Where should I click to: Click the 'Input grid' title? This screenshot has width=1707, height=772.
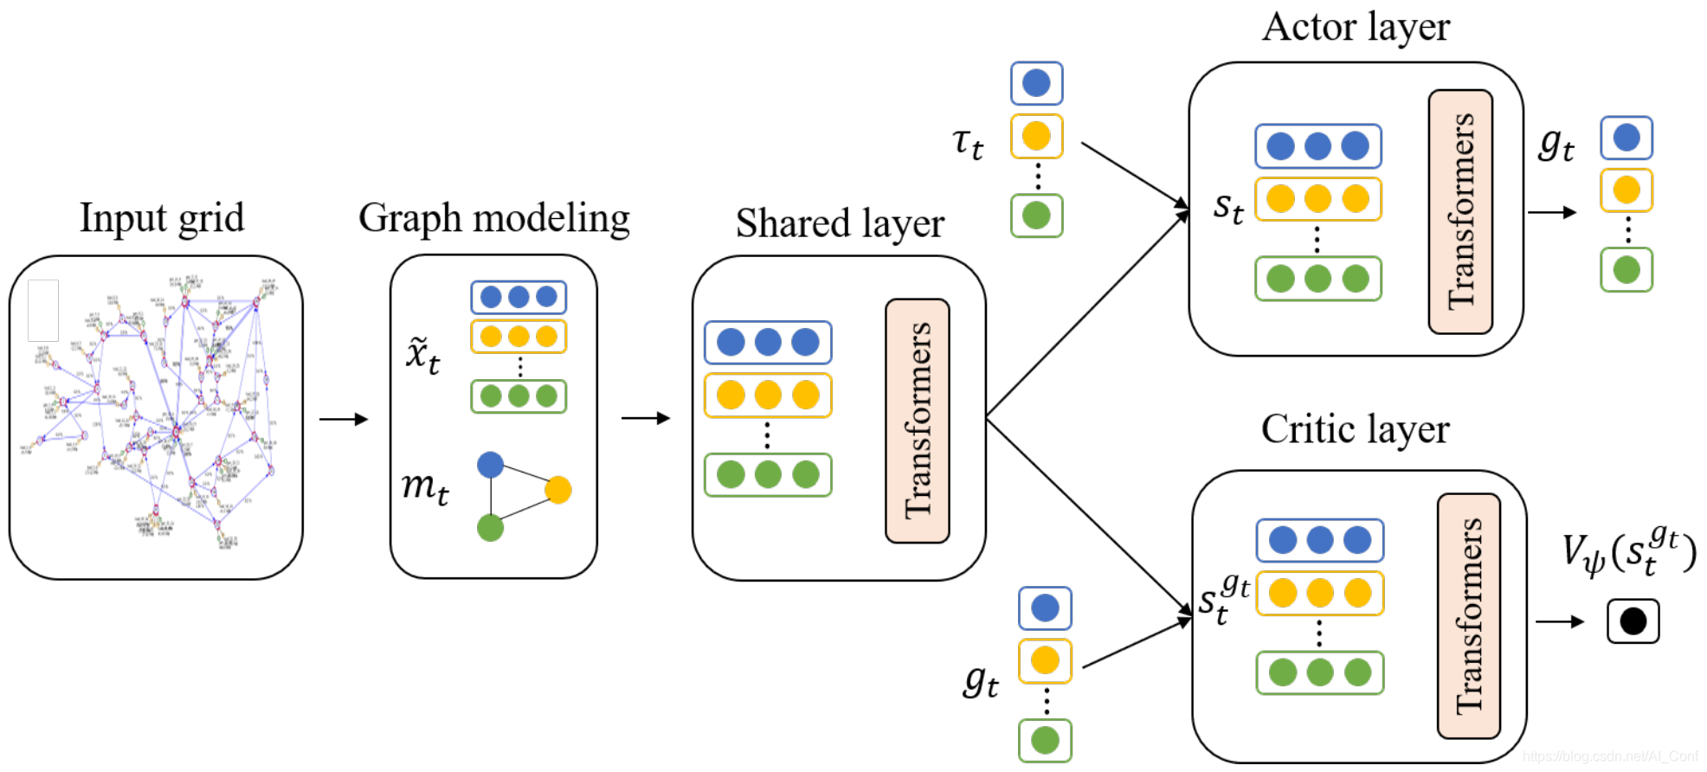click(162, 218)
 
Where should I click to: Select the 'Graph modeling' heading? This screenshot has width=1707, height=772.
click(493, 218)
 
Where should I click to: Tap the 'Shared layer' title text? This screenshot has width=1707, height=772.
click(839, 223)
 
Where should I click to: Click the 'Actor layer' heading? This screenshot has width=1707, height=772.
click(1356, 27)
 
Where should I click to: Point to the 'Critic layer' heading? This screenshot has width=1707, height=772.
click(1355, 429)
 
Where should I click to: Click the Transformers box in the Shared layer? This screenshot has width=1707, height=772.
click(918, 421)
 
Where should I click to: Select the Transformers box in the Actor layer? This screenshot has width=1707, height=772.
click(1460, 211)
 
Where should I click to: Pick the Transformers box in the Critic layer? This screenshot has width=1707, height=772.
click(1469, 615)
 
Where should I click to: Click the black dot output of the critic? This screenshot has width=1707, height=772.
click(1633, 621)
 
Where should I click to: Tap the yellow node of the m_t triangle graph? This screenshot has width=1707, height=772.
click(558, 490)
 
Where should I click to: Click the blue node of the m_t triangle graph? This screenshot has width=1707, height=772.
click(491, 465)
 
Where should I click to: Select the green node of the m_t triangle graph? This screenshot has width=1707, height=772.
click(491, 527)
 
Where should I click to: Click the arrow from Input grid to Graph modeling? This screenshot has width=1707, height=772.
click(344, 419)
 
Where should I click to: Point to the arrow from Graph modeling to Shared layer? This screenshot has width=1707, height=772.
click(646, 418)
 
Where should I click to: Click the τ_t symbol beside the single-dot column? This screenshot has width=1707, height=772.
click(968, 143)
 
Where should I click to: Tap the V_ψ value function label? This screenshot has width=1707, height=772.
click(1627, 552)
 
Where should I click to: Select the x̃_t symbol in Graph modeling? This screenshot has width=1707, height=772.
click(423, 355)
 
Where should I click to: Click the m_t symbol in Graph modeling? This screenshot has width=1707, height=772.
click(425, 487)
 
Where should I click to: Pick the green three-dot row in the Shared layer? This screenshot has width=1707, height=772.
click(768, 474)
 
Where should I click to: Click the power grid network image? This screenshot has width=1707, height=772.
click(156, 415)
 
